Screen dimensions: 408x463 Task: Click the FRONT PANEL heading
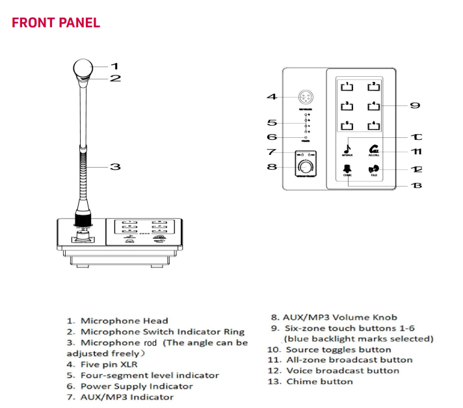(x=56, y=23)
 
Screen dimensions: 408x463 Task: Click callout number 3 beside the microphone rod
(x=115, y=167)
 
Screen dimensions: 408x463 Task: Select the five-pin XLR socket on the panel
(x=304, y=98)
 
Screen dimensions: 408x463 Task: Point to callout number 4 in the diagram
(x=272, y=97)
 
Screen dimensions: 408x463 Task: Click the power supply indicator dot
(x=304, y=137)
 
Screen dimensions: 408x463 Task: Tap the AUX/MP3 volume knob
(x=304, y=167)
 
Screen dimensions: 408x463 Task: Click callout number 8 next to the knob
(x=272, y=167)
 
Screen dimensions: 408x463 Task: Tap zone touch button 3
(x=349, y=105)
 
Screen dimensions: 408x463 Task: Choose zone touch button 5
(x=349, y=126)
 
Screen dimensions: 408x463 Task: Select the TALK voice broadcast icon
(x=374, y=171)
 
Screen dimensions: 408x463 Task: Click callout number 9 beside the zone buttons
(x=415, y=105)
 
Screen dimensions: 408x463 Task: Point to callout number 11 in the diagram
(x=416, y=152)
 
